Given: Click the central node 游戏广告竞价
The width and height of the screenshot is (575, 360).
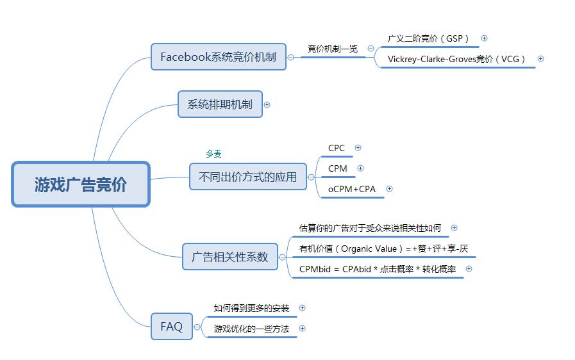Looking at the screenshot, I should click(x=81, y=184).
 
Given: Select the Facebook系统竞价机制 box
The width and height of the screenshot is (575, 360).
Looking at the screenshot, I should click(x=218, y=57).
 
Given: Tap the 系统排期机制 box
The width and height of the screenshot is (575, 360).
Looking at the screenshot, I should click(x=220, y=104).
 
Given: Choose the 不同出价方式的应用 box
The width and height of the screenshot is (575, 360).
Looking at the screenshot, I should click(x=247, y=177).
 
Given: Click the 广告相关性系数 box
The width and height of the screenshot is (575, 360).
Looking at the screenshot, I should click(x=230, y=257).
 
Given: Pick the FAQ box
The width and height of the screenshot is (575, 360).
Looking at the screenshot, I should click(x=171, y=326).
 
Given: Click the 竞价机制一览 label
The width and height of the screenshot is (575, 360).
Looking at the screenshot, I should click(x=332, y=49).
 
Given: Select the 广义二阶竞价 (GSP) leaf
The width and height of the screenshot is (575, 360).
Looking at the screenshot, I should click(x=428, y=38).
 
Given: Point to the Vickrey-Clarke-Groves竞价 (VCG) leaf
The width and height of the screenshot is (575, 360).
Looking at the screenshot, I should click(x=456, y=59).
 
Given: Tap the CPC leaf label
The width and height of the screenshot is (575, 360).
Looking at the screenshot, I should click(x=337, y=148).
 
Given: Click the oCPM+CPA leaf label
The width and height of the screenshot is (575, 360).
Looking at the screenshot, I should click(x=352, y=189).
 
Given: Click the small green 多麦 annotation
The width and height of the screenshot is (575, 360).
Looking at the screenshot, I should click(x=213, y=154).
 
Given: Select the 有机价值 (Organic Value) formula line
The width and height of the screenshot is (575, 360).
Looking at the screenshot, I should click(x=383, y=249).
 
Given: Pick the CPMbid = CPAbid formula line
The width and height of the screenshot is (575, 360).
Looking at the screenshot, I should click(x=378, y=269).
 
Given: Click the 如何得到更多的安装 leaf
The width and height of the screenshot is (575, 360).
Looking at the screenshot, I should click(x=251, y=308).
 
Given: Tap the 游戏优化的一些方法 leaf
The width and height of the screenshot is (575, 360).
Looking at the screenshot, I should click(x=251, y=329).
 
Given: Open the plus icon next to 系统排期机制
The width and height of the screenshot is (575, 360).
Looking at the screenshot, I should click(x=267, y=105).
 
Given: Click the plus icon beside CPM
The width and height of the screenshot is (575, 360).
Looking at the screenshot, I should click(x=360, y=168).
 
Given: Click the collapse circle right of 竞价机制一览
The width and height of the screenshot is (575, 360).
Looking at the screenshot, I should click(x=371, y=49).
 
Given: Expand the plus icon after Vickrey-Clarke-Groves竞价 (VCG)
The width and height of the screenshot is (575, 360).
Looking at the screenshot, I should click(x=540, y=59).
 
